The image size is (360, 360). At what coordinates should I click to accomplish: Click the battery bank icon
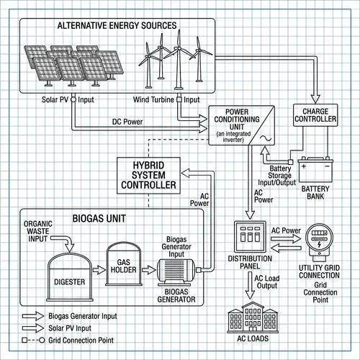(x=315, y=169)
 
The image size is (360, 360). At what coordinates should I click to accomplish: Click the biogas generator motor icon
(x=176, y=271)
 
